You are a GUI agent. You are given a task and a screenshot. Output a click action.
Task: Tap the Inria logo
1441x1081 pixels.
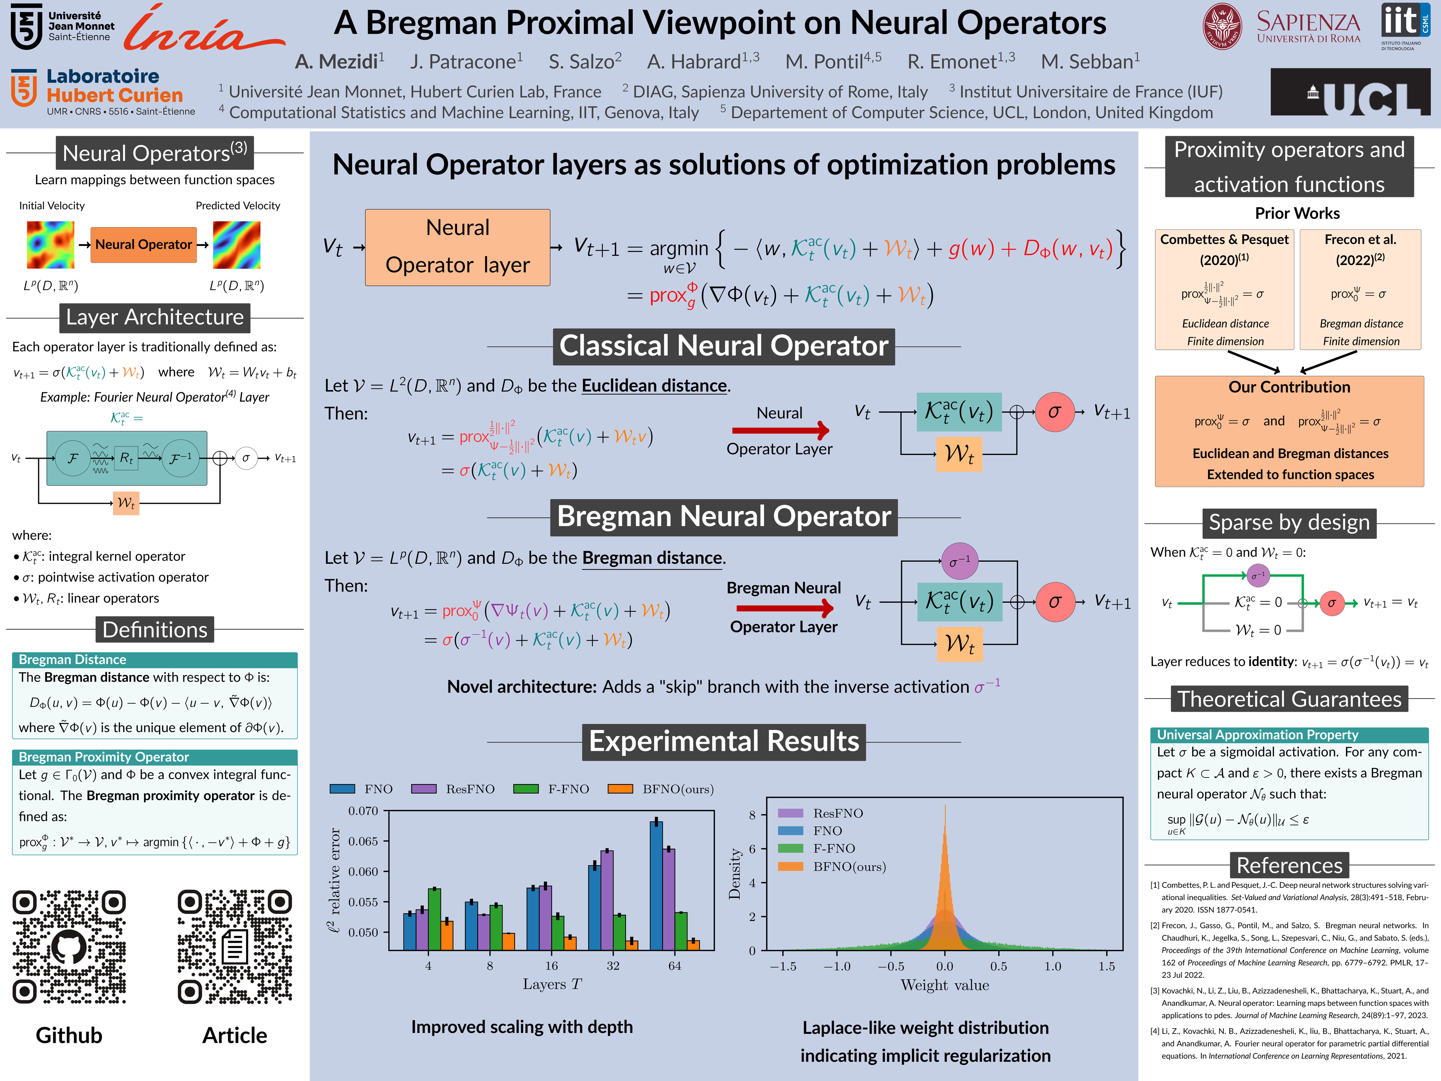[203, 29]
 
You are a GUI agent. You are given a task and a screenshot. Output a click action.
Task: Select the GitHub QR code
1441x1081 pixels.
[69, 947]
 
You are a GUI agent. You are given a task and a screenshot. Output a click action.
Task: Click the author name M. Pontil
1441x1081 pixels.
[833, 62]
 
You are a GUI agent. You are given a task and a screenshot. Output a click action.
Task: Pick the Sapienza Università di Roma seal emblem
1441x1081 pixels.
[1222, 26]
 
